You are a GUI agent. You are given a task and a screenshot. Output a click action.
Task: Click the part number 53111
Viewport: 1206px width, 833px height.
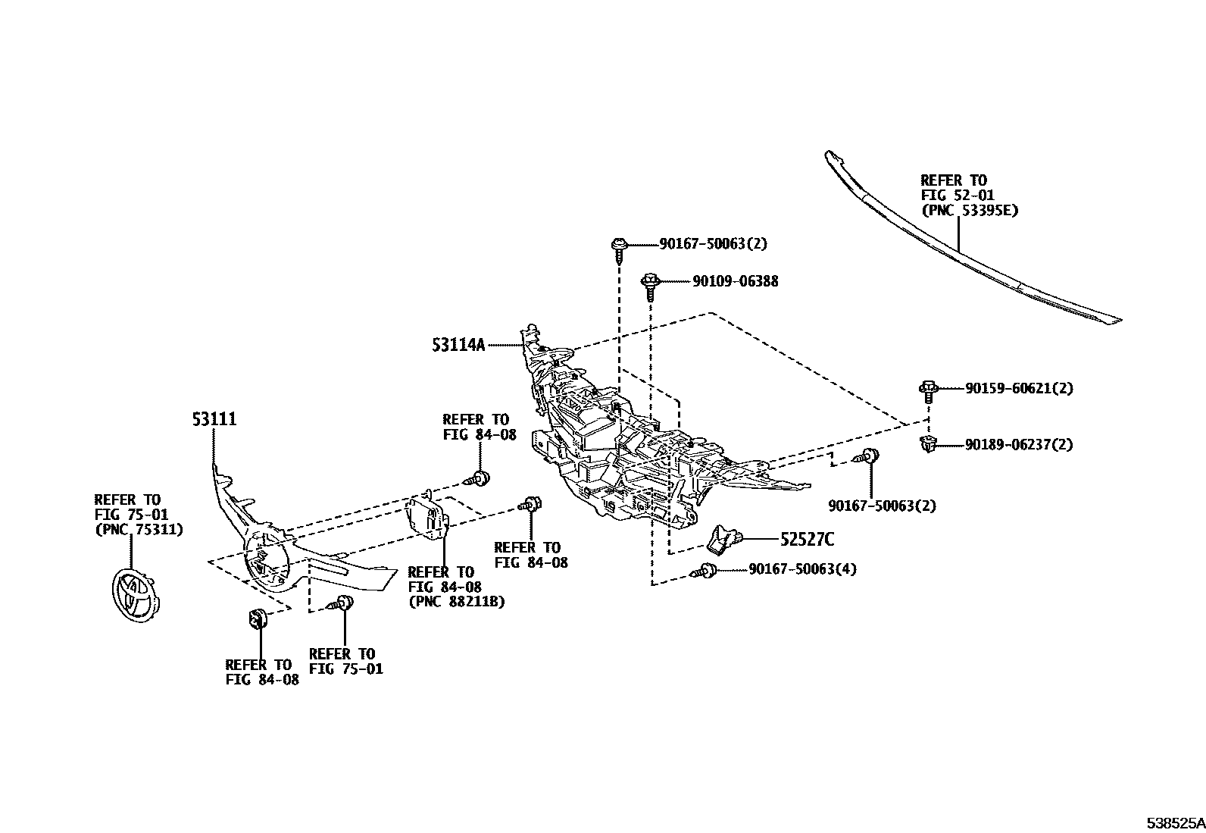[214, 419]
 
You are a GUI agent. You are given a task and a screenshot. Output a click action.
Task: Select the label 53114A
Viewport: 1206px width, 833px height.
[458, 345]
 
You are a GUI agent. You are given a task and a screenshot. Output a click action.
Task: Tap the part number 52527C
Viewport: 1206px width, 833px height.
[808, 540]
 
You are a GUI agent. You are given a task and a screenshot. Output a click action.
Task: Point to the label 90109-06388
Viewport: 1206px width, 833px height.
[735, 281]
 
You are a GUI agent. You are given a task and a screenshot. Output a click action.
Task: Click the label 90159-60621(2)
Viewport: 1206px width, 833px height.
[1019, 388]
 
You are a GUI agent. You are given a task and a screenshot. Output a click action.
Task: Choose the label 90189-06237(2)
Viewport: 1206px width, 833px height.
[1019, 445]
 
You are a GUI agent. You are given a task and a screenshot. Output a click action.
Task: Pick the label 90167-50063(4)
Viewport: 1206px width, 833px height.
[802, 569]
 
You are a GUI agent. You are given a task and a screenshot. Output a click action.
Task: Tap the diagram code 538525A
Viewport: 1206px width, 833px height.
[1173, 822]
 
